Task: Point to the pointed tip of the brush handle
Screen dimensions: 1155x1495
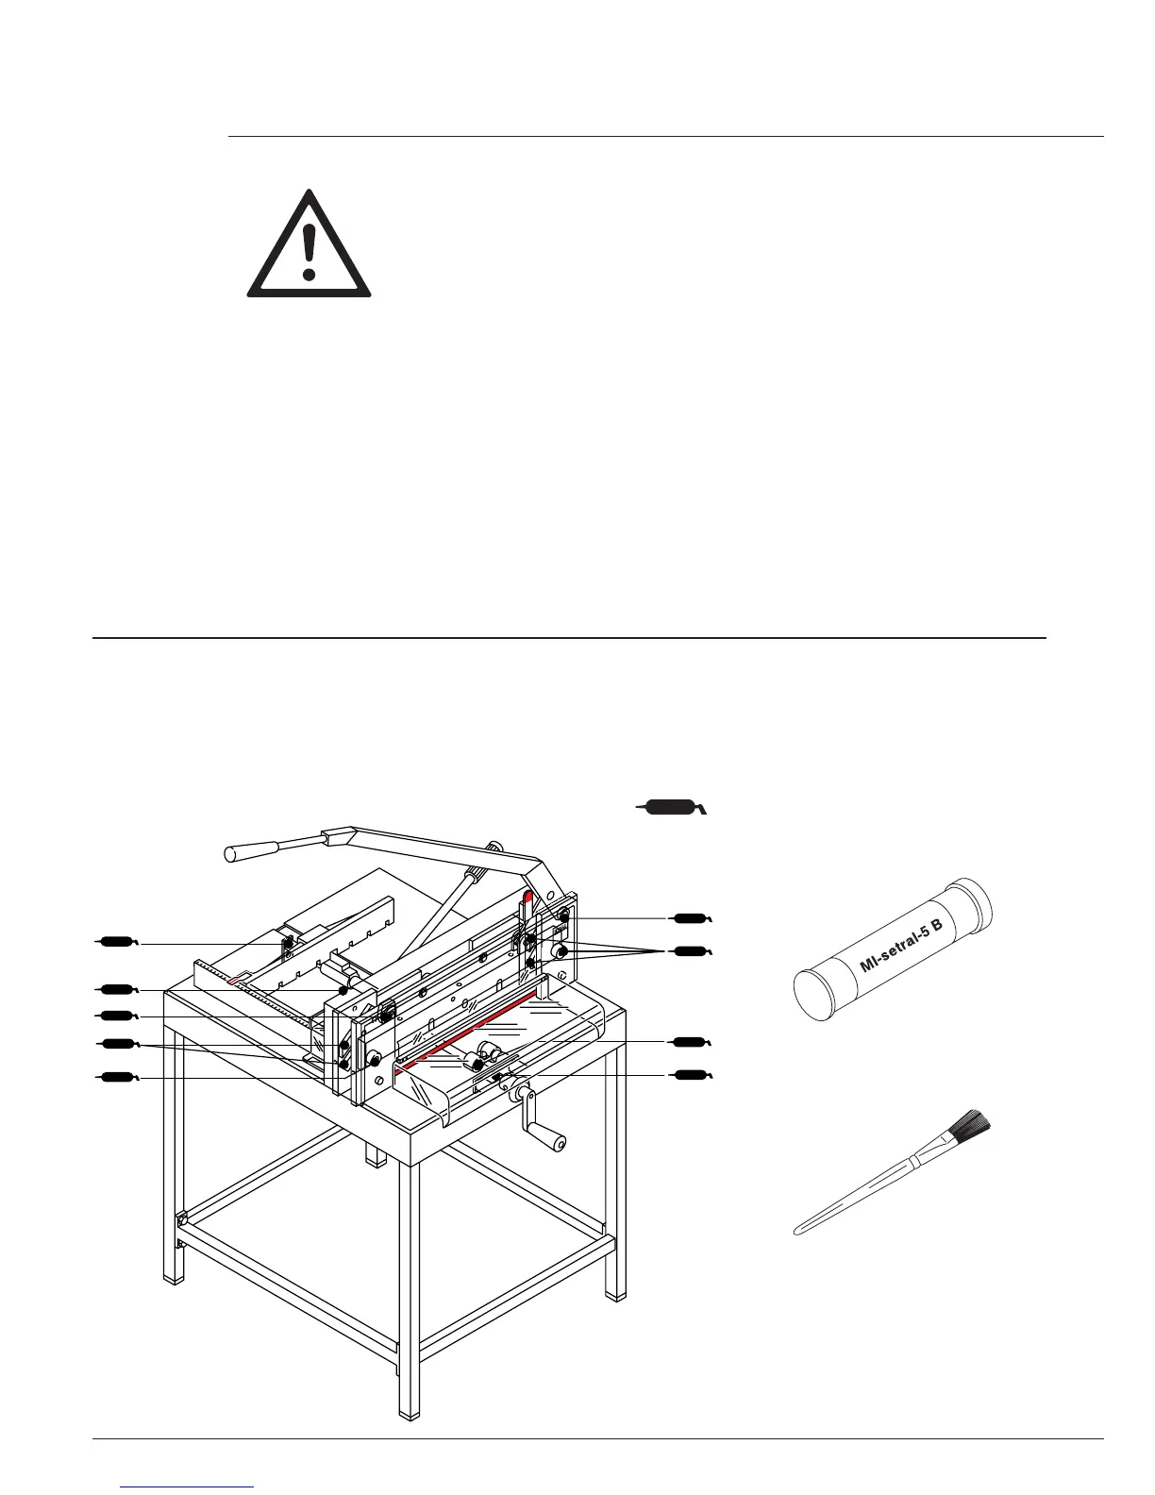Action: click(798, 1232)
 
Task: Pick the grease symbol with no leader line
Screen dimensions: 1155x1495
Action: click(670, 807)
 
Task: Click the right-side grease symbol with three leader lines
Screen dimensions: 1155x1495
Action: click(691, 949)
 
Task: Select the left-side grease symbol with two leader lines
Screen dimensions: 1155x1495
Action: click(119, 1043)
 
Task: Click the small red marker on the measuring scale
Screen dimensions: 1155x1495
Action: click(235, 982)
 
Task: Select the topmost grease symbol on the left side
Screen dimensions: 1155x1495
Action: click(119, 940)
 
